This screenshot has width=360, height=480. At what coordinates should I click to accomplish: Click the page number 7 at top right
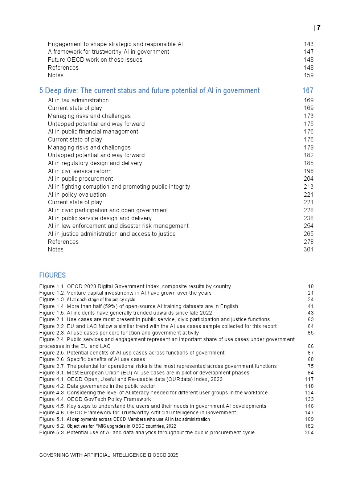click(x=319, y=28)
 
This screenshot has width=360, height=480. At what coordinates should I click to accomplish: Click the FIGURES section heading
click(x=52, y=275)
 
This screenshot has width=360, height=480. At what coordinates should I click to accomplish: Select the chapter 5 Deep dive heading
click(x=150, y=91)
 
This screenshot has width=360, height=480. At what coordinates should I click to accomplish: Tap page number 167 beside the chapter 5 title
click(x=308, y=91)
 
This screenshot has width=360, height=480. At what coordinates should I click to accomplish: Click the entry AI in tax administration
click(x=78, y=100)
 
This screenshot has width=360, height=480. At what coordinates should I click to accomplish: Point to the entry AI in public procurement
click(x=81, y=179)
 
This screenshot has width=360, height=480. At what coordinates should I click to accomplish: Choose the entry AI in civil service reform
click(x=80, y=171)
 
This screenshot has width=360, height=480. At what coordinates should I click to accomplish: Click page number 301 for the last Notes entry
click(x=308, y=249)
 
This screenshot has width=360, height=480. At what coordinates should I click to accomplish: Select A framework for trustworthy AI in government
click(x=109, y=52)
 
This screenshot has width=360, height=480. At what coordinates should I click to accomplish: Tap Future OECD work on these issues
click(x=95, y=60)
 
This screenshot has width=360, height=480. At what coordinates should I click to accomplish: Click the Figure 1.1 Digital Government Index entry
click(x=135, y=286)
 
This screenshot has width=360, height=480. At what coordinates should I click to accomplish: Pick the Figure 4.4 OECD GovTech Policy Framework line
click(x=95, y=399)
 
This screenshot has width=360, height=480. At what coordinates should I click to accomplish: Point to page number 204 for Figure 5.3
click(x=309, y=432)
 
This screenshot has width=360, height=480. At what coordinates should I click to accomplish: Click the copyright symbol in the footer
click(x=150, y=455)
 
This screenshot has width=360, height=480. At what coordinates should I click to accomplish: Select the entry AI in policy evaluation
click(x=77, y=194)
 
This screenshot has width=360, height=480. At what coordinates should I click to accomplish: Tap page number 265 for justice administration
click(x=308, y=234)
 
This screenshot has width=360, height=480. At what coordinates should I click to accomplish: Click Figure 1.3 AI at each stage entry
click(x=87, y=299)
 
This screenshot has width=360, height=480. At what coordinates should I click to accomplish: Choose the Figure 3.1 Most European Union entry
click(x=144, y=373)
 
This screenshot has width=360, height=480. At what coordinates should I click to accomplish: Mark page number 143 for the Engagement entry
click(x=308, y=44)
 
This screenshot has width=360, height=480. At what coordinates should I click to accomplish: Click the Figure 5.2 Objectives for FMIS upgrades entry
click(x=107, y=426)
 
